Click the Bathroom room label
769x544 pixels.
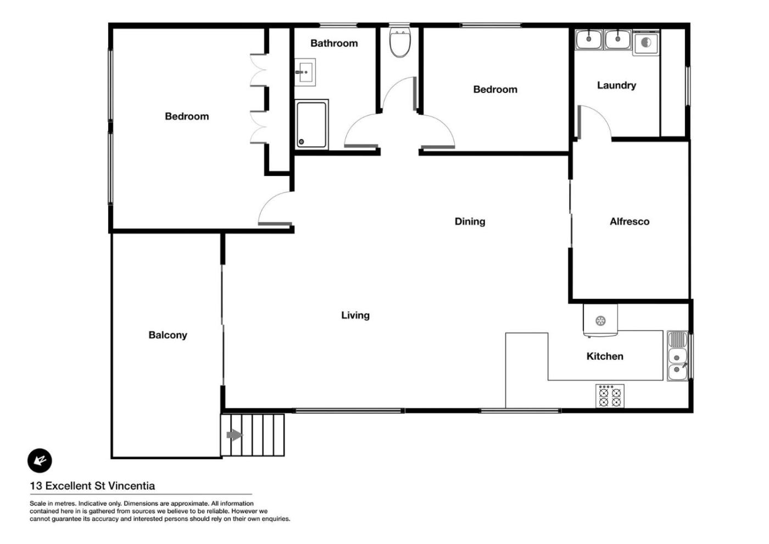[x=334, y=43]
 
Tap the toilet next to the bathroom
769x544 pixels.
[x=400, y=42]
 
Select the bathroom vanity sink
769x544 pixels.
[x=305, y=72]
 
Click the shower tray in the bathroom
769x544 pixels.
[x=311, y=124]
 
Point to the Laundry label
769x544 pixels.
[x=616, y=85]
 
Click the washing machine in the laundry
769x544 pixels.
[x=646, y=43]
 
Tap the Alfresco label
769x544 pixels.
[x=629, y=222]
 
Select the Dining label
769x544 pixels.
[x=470, y=222]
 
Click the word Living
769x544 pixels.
[x=355, y=315]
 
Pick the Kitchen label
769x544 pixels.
[x=605, y=356]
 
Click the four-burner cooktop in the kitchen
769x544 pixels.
[x=610, y=396]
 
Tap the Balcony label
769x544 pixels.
[x=168, y=336]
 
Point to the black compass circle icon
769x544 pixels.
[x=40, y=460]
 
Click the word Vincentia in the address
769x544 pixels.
[x=132, y=486]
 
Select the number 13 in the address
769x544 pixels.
[x=36, y=486]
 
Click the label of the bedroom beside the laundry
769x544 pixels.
[x=495, y=90]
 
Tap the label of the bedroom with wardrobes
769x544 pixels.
[x=187, y=116]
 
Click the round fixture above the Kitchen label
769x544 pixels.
[x=600, y=321]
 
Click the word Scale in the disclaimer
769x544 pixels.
[x=37, y=503]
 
